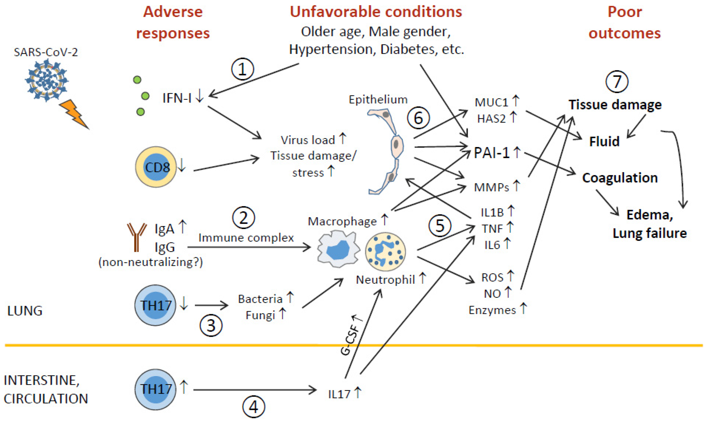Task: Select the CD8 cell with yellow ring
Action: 156,167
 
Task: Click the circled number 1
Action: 242,69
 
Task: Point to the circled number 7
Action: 617,82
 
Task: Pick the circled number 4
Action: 254,407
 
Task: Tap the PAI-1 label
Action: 491,153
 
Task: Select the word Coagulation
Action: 620,178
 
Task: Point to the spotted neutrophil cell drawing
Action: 385,251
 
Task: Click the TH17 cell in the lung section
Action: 155,305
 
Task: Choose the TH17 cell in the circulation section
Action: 155,389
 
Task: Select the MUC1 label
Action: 491,102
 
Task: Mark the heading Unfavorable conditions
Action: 376,12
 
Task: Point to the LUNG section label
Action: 25,311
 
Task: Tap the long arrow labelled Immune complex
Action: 249,247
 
